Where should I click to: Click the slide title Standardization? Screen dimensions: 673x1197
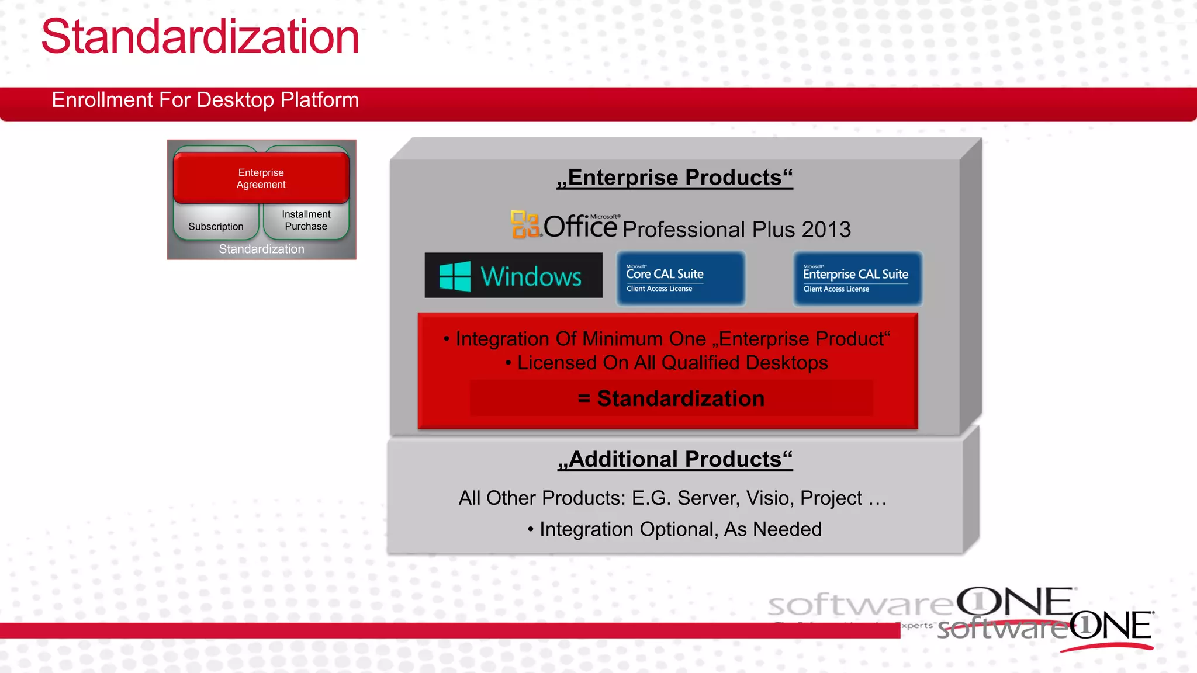coord(200,37)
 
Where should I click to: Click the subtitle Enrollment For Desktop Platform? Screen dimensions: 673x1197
coord(205,100)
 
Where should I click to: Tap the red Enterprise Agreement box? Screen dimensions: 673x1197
coord(261,178)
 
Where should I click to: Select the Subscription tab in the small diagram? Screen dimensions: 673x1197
coord(216,226)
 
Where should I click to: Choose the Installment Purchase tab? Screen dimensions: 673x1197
coord(306,220)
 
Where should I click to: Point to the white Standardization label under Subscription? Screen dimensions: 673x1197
coord(261,249)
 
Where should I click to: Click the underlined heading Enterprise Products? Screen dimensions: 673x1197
coord(674,178)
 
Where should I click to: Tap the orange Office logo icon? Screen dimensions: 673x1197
coord(525,224)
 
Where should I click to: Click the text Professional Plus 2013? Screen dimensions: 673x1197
coord(736,229)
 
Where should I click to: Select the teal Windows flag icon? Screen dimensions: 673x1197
coord(455,276)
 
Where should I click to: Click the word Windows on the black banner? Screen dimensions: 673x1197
coord(531,276)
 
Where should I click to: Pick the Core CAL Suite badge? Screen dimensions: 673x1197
coord(681,279)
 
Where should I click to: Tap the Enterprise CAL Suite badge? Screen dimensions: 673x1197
coord(857,279)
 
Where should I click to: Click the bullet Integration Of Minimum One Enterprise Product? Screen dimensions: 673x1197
coord(667,339)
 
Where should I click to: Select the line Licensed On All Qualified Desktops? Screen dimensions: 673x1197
coord(667,363)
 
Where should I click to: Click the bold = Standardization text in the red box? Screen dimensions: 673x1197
coord(671,398)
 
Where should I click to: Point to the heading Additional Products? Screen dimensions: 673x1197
coord(674,459)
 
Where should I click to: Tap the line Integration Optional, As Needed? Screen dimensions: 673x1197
coord(674,529)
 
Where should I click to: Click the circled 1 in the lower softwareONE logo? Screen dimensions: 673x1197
coord(1085,626)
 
